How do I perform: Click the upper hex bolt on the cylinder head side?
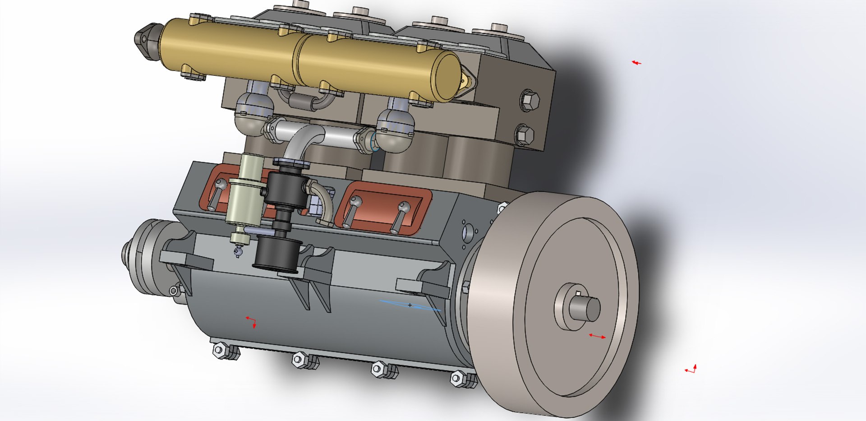click(x=530, y=100)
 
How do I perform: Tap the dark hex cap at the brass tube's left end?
click(x=147, y=39)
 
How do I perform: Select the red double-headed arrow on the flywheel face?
click(x=597, y=336)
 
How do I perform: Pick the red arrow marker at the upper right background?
click(x=636, y=63)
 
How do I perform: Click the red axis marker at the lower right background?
click(x=691, y=370)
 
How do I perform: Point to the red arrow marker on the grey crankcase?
click(x=252, y=322)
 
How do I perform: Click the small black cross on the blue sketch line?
click(x=410, y=305)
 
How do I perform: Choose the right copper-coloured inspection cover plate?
click(x=383, y=208)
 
